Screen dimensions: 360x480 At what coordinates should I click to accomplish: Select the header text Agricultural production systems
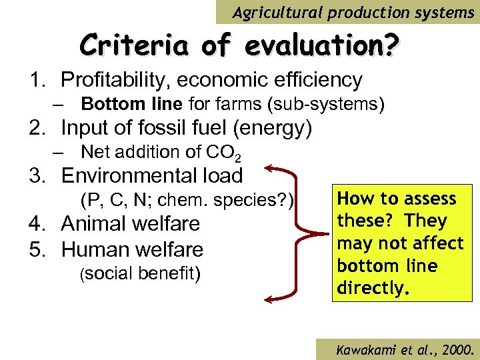tap(353, 12)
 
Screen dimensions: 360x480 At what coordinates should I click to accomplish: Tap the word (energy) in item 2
tap(274, 128)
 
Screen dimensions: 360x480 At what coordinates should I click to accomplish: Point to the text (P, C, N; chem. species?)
tap(187, 200)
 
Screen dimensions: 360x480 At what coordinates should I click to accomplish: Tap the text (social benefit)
tap(140, 273)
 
